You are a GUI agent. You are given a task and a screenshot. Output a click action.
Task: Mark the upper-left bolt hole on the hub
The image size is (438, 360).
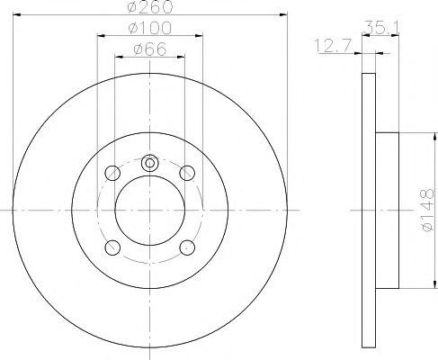112,173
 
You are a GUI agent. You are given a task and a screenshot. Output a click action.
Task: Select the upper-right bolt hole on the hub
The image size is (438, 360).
187,173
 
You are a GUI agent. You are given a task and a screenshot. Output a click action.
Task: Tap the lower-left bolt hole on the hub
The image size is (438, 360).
112,247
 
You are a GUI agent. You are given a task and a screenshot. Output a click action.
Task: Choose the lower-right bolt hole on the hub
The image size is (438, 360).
187,247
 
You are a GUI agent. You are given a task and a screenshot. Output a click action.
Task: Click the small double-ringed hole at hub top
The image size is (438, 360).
149,163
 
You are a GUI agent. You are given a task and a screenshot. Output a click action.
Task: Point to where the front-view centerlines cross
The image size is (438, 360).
149,210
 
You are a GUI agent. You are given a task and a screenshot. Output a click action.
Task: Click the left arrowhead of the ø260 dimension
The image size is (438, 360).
16,15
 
